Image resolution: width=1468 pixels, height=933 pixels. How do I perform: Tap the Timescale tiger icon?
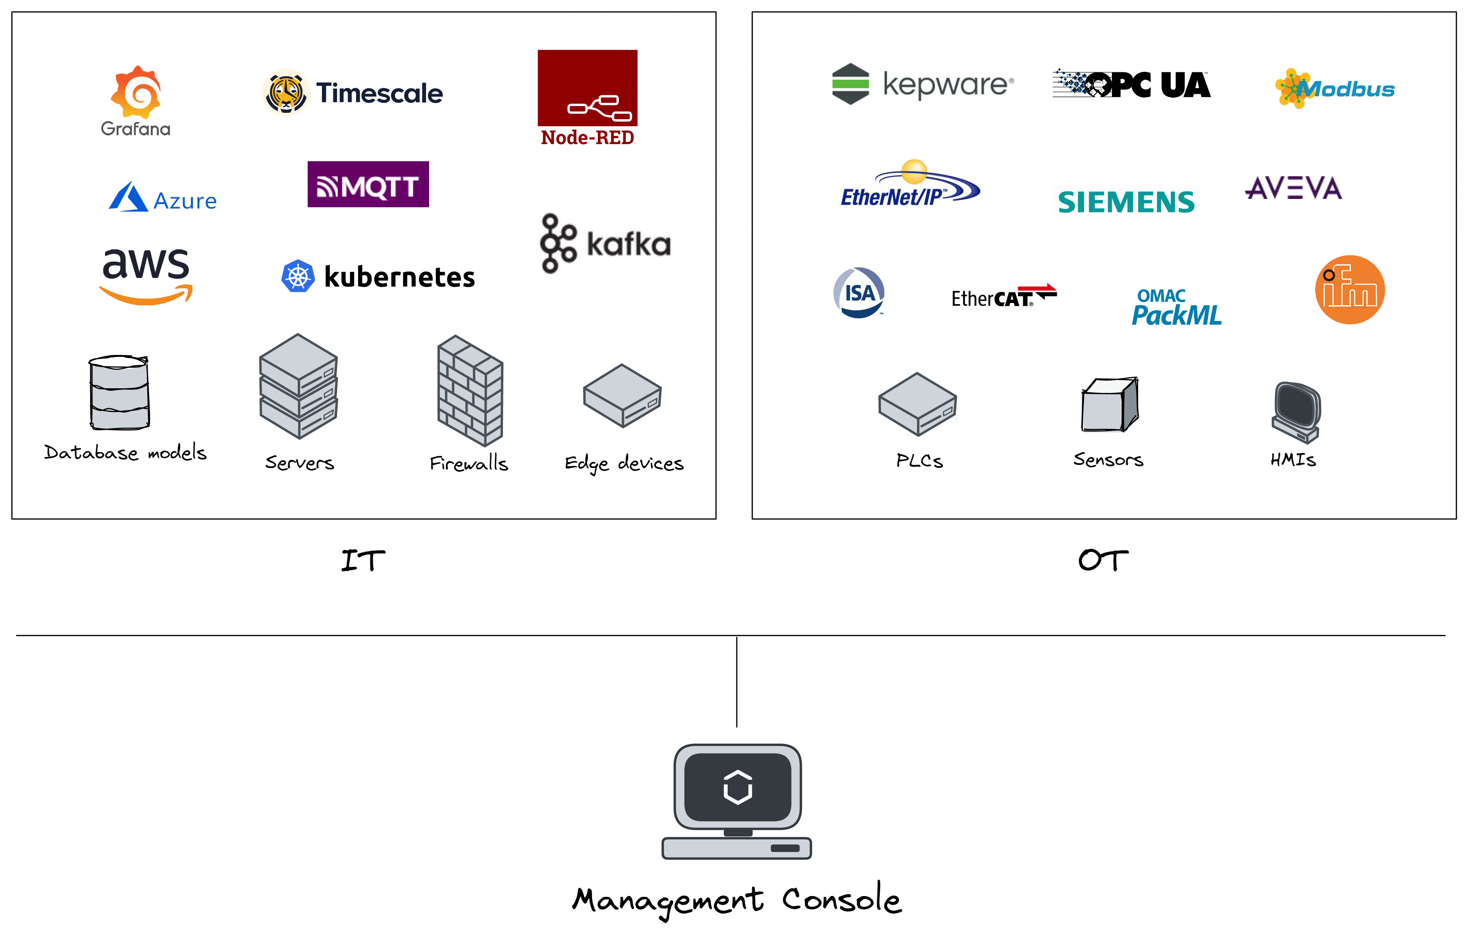[285, 93]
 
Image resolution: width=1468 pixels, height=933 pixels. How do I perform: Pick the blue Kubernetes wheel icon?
[298, 276]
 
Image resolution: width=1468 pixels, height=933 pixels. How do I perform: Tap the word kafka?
[628, 245]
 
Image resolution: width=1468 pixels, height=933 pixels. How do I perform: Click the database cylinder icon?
[119, 392]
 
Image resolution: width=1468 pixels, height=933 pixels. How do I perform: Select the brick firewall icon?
[470, 390]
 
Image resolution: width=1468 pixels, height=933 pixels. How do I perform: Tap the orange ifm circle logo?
[1350, 290]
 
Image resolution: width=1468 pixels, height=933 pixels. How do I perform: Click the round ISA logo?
[859, 293]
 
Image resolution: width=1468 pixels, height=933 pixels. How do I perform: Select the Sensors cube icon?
[1109, 404]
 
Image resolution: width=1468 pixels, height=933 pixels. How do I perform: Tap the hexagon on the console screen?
[738, 787]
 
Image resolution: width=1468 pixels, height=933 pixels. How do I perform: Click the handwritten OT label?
[1103, 560]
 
